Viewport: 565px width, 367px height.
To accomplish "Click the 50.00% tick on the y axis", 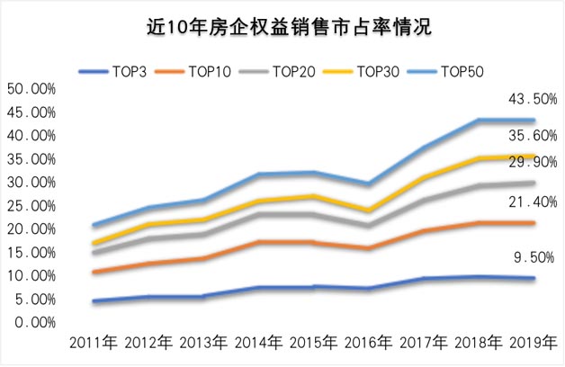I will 31,89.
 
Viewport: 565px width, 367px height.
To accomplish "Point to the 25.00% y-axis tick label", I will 31,205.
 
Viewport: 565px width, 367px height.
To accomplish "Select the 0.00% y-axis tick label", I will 35,322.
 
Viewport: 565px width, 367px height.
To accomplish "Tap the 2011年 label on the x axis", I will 95,344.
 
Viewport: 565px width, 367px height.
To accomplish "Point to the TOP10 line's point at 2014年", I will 260,242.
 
